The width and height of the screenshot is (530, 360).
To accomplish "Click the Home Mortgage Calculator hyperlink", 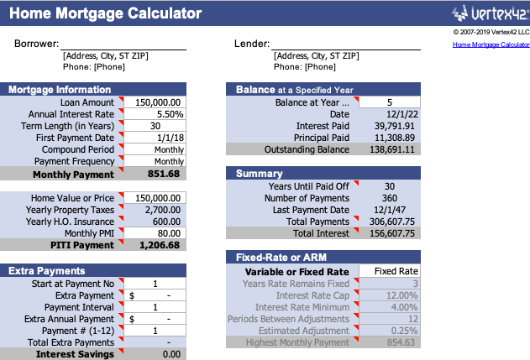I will click(x=491, y=44).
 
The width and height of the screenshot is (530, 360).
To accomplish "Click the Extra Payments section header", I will click(x=47, y=271).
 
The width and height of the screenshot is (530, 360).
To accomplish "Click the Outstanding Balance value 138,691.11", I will click(x=391, y=149).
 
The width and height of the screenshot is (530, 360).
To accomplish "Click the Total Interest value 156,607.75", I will click(x=390, y=233).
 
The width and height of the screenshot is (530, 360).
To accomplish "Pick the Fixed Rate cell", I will click(x=396, y=272).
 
